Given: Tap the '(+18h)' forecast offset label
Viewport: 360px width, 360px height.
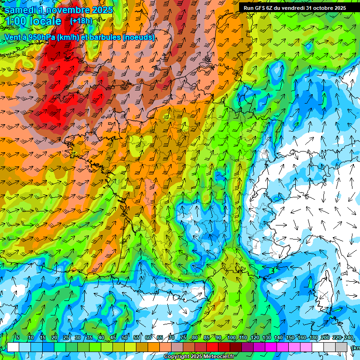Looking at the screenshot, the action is coord(81,21).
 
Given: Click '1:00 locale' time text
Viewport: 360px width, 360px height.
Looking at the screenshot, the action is coord(33,21).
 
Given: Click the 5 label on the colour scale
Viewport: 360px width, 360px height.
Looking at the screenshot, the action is coord(18,338).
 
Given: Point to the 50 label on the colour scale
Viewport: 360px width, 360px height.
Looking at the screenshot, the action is coord(125,338).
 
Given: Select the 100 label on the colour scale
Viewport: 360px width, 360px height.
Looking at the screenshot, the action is coord(231,338).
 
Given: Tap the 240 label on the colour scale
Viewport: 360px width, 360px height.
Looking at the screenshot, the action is coord(349,338).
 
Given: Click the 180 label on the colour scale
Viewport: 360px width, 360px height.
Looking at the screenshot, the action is coord(313,338).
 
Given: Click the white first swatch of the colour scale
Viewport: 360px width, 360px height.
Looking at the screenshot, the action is coord(13,347).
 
